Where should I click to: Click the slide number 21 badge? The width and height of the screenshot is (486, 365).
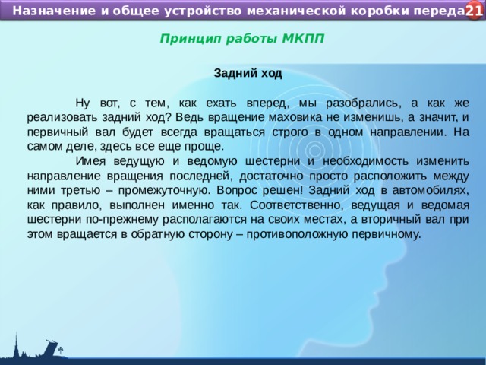[x=473, y=11]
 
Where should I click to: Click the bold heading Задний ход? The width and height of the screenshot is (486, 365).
[x=248, y=74]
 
